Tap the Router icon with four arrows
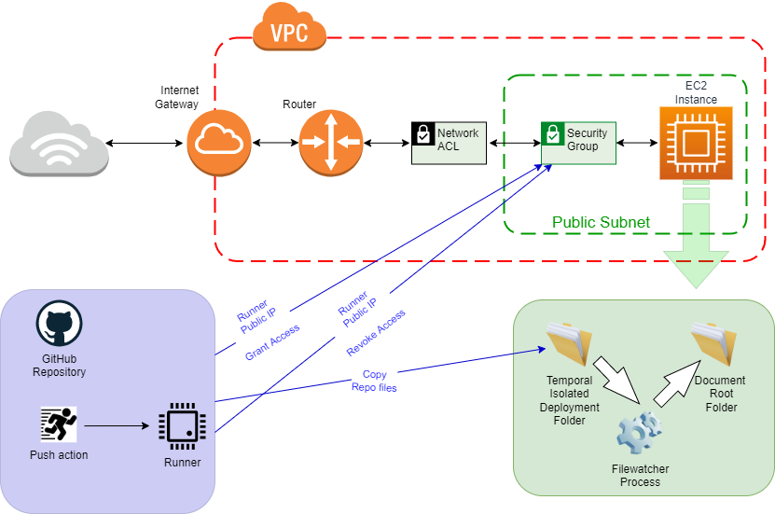point(330,143)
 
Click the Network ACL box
point(449,142)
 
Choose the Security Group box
point(578,141)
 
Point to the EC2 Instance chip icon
point(696,143)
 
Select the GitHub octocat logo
point(61,326)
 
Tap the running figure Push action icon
point(60,426)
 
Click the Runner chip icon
point(182,426)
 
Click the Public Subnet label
point(601,223)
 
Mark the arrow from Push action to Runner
point(117,426)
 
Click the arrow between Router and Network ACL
point(387,143)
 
